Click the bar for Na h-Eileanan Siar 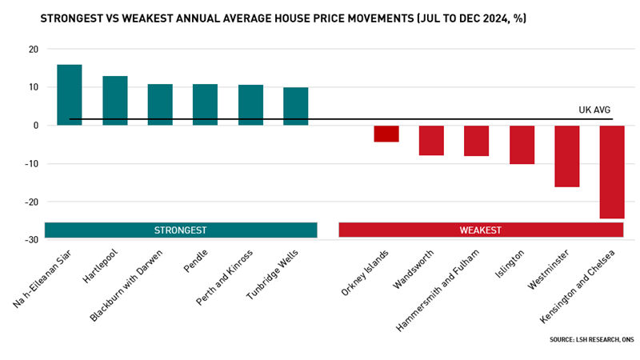pyautogui.click(x=70, y=94)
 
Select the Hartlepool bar pyautogui.click(x=115, y=100)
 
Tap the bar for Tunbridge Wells pyautogui.click(x=295, y=106)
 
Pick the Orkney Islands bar pyautogui.click(x=386, y=134)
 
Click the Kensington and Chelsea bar pyautogui.click(x=611, y=171)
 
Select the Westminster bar pyautogui.click(x=566, y=156)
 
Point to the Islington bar pyautogui.click(x=522, y=145)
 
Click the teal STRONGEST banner pyautogui.click(x=181, y=230)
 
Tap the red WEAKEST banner pyautogui.click(x=481, y=230)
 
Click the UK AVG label pyautogui.click(x=595, y=110)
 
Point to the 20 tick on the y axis pyautogui.click(x=33, y=49)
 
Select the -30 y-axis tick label pyautogui.click(x=30, y=240)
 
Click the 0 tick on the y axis pyautogui.click(x=35, y=126)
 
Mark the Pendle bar pyautogui.click(x=206, y=104)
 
